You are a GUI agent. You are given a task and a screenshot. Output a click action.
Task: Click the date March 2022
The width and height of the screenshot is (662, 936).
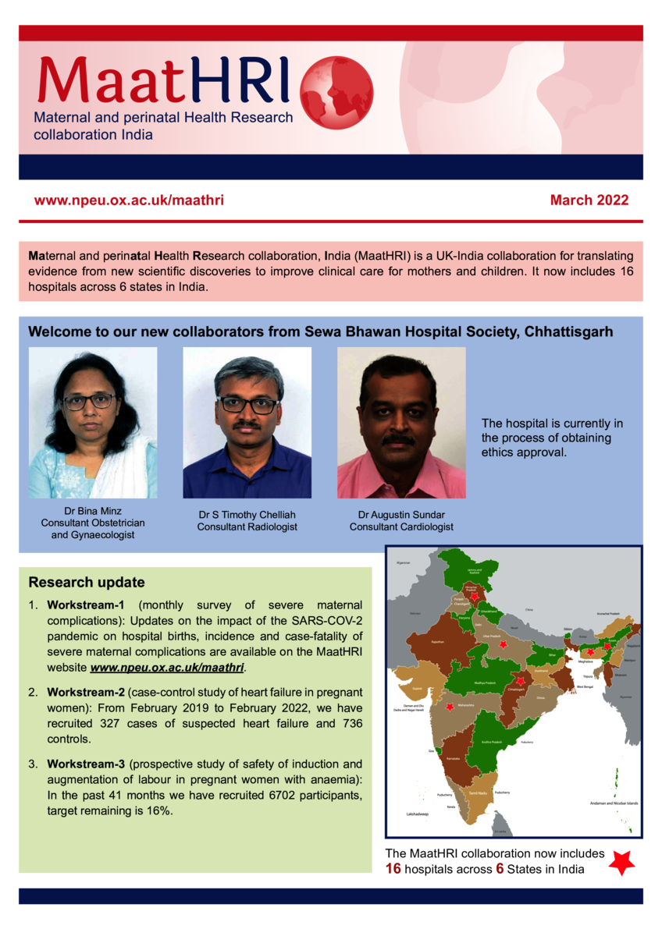click(589, 200)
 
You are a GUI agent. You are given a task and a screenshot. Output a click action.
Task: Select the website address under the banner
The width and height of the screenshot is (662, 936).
click(129, 200)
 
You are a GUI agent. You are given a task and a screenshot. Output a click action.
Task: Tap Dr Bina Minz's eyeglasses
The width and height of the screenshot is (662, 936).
click(89, 401)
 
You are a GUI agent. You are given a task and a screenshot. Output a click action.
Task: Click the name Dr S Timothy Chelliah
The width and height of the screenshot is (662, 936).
click(247, 515)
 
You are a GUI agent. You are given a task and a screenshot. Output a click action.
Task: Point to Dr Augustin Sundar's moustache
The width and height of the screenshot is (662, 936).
click(399, 440)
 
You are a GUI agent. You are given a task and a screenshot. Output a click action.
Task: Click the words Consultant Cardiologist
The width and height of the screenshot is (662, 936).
click(401, 527)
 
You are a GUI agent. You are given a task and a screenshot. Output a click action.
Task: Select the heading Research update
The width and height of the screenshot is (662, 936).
click(86, 583)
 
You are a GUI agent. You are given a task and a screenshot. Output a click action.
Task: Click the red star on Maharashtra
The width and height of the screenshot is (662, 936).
click(450, 707)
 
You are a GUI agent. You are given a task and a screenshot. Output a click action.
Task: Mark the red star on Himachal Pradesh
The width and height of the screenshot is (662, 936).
click(475, 596)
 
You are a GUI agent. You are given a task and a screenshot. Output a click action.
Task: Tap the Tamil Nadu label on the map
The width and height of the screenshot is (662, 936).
click(479, 792)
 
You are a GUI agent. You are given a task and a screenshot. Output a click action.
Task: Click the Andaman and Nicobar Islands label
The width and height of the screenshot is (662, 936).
click(615, 803)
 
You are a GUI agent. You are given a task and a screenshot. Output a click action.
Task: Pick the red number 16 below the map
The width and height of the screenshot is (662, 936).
click(393, 869)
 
